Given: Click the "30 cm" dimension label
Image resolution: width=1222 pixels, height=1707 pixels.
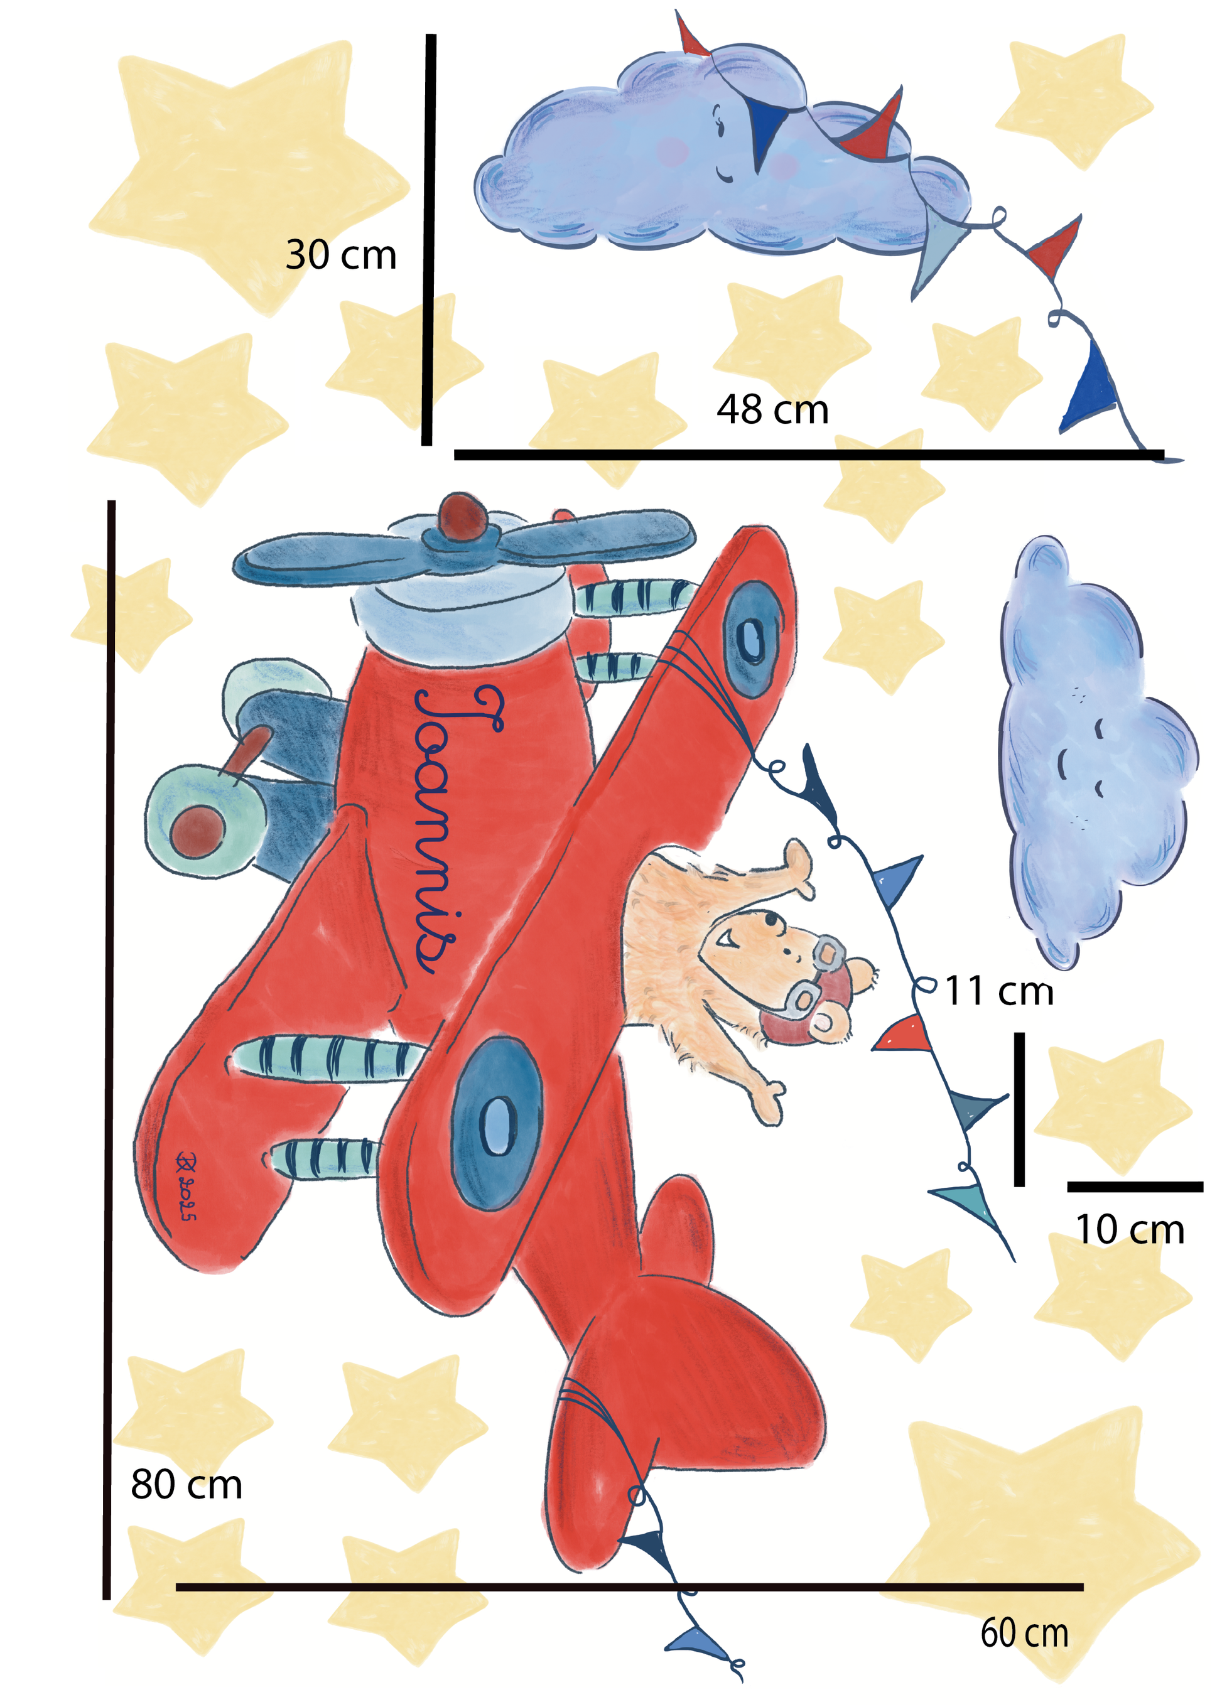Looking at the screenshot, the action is [341, 255].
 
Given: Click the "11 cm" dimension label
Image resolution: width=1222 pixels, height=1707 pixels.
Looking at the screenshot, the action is [998, 991].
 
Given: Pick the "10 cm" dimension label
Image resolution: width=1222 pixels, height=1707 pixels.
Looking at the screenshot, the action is [1130, 1229].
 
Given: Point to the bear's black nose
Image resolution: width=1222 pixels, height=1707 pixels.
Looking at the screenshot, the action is [771, 918].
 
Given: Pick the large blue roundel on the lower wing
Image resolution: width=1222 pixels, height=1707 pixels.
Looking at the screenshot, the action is [497, 1123].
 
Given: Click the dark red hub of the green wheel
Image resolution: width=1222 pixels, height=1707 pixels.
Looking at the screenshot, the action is [197, 831].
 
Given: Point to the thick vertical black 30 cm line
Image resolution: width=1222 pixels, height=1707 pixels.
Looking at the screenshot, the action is [429, 239].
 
